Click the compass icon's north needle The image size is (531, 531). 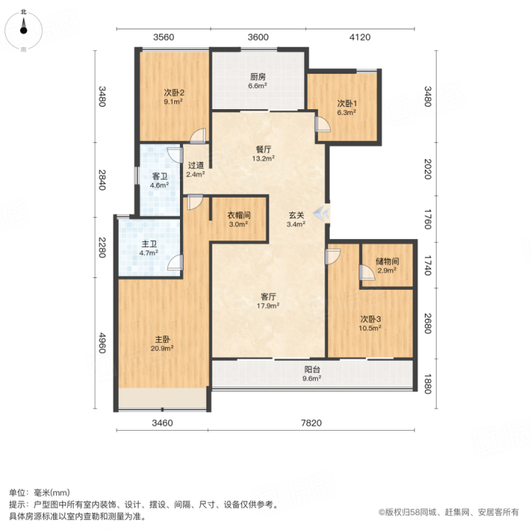click(24, 24)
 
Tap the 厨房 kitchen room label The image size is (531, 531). click(257, 77)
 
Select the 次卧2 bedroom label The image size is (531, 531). click(174, 92)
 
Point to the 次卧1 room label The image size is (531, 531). click(347, 103)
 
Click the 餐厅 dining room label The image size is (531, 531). click(263, 149)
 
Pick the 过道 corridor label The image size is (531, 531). click(195, 165)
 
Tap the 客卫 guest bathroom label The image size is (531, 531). click(160, 176)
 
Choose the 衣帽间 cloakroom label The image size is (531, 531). click(239, 215)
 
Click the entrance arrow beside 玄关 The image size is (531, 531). click(320, 213)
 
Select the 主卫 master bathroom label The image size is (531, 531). click(149, 244)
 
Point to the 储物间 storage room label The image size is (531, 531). click(387, 261)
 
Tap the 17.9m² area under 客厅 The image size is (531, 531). click(268, 306)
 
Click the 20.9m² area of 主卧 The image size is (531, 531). click(162, 348)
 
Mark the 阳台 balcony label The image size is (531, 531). click(312, 369)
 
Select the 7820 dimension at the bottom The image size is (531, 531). click(311, 423)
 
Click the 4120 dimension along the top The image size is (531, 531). click(360, 37)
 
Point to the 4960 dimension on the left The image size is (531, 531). click(102, 343)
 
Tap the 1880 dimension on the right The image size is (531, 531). click(428, 384)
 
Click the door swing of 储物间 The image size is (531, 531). click(367, 273)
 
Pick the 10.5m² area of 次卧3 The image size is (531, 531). click(370, 327)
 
